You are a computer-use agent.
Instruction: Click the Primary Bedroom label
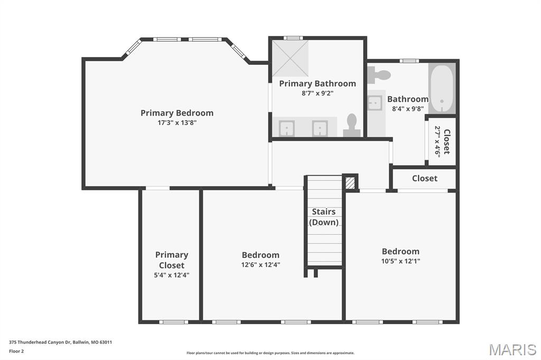click(x=176, y=113)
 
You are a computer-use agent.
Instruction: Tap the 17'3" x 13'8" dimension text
click(x=177, y=122)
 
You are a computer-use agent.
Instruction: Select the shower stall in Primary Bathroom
click(x=290, y=58)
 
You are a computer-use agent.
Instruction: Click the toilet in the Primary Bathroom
click(x=351, y=125)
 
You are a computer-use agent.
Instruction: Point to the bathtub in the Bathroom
click(x=442, y=88)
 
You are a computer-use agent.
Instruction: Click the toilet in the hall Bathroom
click(x=378, y=75)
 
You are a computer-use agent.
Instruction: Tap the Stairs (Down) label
click(x=324, y=217)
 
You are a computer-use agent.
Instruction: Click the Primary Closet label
click(x=172, y=260)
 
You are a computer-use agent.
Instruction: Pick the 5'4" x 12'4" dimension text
click(x=172, y=275)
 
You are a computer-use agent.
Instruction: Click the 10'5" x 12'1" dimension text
click(x=400, y=261)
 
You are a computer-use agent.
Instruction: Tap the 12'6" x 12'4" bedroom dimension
click(x=260, y=265)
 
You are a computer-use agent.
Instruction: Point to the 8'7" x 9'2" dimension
click(x=318, y=93)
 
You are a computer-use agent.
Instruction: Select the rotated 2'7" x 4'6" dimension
click(x=437, y=141)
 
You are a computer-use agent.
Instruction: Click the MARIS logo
click(x=512, y=349)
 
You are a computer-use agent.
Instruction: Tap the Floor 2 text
click(x=16, y=352)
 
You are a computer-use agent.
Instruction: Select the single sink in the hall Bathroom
click(x=375, y=102)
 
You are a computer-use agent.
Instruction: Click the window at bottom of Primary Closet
click(x=173, y=322)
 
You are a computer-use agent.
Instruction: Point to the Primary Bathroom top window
click(x=293, y=38)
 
